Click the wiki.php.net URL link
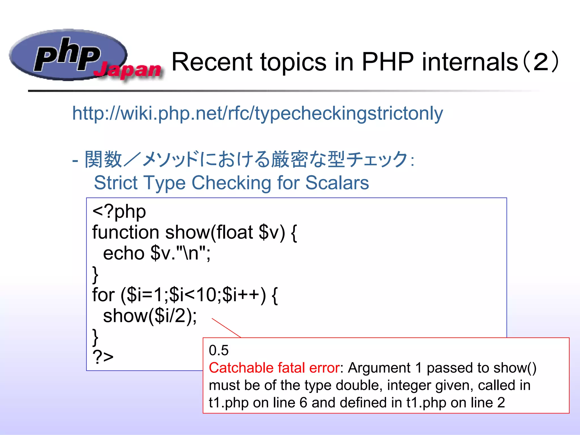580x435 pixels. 257,113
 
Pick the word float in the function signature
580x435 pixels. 235,232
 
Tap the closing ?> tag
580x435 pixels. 103,357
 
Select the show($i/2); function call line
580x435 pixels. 150,315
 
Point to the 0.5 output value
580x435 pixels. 218,350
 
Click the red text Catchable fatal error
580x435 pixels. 274,368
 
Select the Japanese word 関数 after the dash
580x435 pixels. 103,159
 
